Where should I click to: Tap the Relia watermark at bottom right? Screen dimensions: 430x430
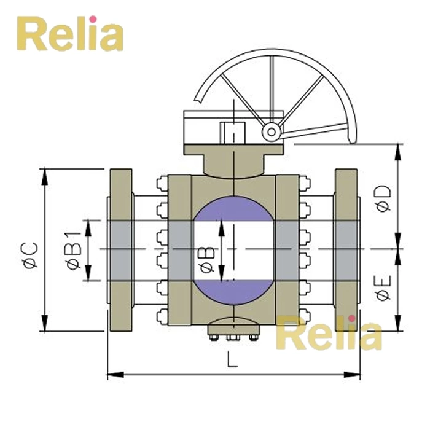[329, 334]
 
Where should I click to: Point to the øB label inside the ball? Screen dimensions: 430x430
[208, 259]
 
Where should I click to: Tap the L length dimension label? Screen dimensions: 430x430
[232, 361]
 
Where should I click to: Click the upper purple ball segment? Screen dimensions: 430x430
[233, 209]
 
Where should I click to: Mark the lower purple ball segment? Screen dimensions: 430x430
[233, 292]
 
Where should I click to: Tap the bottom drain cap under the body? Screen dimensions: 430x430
[233, 325]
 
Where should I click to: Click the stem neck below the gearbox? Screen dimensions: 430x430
[233, 163]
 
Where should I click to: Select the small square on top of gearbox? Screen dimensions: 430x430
[233, 131]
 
